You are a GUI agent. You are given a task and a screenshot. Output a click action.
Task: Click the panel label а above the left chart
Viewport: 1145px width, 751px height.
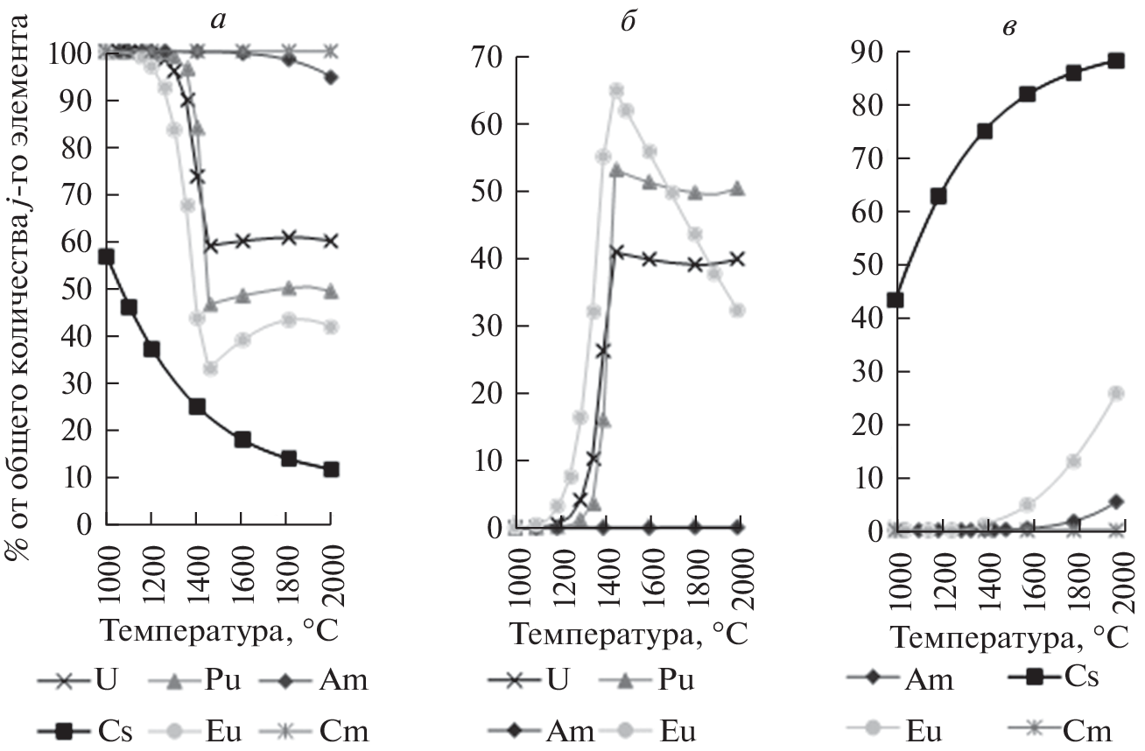coord(218,18)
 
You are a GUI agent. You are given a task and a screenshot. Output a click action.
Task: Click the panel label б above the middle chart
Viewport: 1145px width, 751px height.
coord(627,18)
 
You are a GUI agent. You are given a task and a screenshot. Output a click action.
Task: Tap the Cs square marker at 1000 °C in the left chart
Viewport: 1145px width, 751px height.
coord(106,256)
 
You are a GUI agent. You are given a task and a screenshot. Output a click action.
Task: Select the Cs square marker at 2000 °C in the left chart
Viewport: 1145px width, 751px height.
coord(330,469)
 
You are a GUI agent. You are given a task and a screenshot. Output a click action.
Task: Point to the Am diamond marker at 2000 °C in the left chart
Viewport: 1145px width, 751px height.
coord(330,77)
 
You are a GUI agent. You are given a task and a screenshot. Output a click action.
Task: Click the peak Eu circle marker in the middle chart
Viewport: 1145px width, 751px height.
coord(616,90)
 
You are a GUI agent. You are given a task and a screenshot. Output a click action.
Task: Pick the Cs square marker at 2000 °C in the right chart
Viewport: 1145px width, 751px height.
coord(1115,61)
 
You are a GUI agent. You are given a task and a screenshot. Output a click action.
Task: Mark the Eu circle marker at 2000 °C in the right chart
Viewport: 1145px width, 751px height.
coord(1115,393)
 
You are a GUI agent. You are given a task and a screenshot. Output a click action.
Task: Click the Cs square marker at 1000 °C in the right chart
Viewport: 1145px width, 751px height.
coord(895,300)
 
